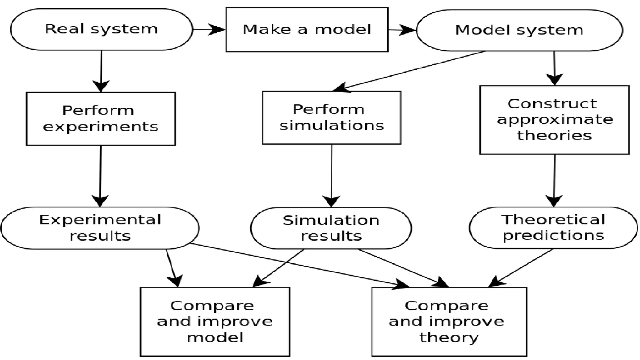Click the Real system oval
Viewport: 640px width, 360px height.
click(101, 29)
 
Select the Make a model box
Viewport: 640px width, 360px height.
click(307, 30)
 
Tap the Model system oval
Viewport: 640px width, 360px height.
click(519, 30)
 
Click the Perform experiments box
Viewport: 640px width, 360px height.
click(101, 118)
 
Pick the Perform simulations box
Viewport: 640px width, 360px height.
click(332, 117)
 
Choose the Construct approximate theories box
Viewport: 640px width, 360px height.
click(554, 120)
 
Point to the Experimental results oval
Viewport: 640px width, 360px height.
click(100, 228)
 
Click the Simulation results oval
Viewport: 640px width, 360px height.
click(331, 228)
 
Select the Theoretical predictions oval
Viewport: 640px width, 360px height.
click(553, 227)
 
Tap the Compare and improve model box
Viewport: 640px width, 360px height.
click(215, 322)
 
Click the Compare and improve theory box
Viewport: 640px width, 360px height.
click(449, 322)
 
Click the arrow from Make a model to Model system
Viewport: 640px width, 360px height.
click(402, 30)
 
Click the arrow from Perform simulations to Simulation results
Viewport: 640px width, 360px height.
click(331, 175)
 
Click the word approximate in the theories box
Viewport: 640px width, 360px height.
click(555, 120)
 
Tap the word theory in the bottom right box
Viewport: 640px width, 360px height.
click(449, 337)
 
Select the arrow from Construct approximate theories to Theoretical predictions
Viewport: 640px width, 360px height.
click(554, 180)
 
